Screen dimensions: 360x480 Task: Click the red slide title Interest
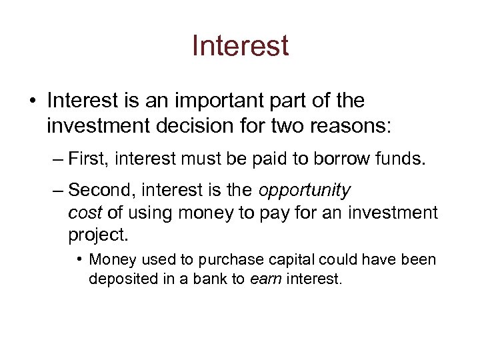tap(240, 46)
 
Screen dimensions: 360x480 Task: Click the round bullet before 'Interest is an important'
tap(32, 101)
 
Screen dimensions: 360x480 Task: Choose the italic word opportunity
tap(305, 191)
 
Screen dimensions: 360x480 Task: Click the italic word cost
tap(83, 213)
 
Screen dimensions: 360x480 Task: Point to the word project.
tap(97, 235)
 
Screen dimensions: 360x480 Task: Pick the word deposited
tap(120, 279)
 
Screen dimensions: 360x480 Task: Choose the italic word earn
tap(265, 279)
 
